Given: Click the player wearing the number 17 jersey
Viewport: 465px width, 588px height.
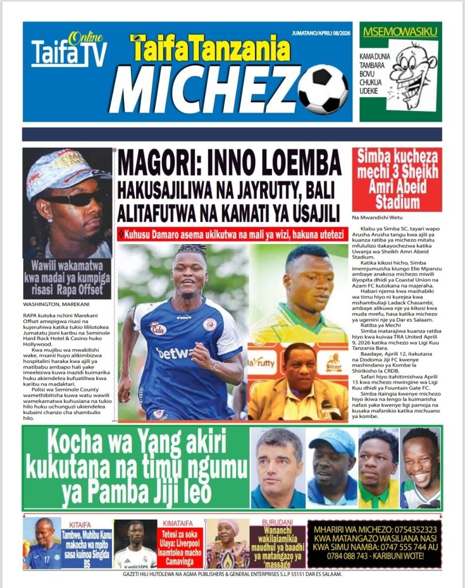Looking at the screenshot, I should pyautogui.click(x=42, y=544).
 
